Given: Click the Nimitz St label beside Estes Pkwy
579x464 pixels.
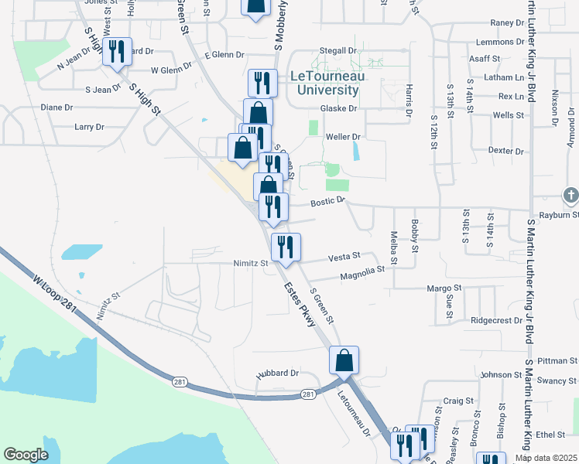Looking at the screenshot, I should [250, 263].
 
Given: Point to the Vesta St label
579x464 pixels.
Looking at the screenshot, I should [344, 256].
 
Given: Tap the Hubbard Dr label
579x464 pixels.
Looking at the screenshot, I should [278, 373].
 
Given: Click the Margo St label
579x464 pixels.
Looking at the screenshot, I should [444, 288].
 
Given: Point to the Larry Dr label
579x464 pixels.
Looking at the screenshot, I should [89, 127].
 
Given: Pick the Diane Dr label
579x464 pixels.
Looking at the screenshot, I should [57, 107].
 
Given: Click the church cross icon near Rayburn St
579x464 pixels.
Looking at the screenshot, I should [570, 195].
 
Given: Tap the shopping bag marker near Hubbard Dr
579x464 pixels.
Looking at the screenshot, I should [344, 360].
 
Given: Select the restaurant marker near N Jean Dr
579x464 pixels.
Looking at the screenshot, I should [117, 52].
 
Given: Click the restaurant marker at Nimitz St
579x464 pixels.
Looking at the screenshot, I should [285, 247].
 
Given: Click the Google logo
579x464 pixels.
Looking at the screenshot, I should [26, 455].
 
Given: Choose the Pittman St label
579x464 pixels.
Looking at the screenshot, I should [557, 361].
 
